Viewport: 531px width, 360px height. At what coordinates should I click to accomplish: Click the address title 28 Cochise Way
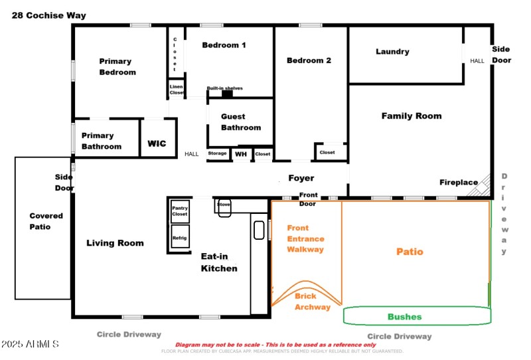coord(48,15)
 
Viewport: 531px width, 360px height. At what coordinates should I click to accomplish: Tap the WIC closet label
coord(157,143)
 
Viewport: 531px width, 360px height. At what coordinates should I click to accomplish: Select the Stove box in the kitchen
coord(224,206)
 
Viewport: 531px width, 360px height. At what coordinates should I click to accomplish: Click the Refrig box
coord(180,237)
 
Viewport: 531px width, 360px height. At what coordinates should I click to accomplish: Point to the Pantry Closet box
coord(180,211)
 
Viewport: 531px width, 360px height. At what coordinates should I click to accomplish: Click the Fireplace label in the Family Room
coord(458,182)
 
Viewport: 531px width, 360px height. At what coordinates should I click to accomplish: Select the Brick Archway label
coord(312,302)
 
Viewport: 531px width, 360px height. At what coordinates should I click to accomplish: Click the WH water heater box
coord(241,154)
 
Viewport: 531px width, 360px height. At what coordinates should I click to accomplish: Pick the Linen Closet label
coord(176,89)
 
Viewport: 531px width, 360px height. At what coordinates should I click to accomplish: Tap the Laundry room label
coord(392,52)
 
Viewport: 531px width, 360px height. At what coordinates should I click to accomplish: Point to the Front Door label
coord(308,198)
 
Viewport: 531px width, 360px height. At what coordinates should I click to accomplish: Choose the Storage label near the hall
coord(218,153)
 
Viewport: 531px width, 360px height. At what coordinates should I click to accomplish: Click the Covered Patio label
coord(46,221)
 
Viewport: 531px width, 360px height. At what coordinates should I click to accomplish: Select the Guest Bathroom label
coord(240,122)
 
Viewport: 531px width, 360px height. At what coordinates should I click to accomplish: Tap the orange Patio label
coord(410,252)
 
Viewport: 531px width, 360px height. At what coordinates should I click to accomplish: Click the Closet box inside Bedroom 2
coord(327,152)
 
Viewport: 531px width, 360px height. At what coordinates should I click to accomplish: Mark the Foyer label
coord(301,178)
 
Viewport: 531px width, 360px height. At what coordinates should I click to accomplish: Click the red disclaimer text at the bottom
coord(275,345)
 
